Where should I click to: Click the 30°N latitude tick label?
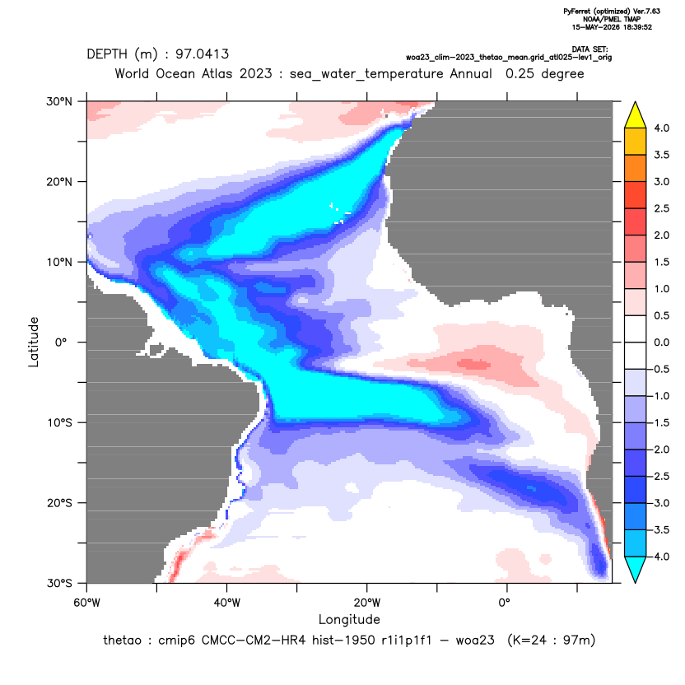point(59,101)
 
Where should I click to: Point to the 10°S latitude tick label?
point(59,423)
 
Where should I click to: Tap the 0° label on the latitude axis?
point(61,342)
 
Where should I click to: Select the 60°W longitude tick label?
point(87,603)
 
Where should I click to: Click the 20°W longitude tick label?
point(367,603)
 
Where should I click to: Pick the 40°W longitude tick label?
point(226,603)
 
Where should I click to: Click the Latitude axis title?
point(34,342)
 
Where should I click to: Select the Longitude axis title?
point(349,619)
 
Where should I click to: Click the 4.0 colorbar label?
point(661,128)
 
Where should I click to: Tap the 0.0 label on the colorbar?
point(661,342)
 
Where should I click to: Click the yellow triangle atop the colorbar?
point(636,116)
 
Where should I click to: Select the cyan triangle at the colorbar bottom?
point(636,568)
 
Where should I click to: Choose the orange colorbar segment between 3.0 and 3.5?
point(636,168)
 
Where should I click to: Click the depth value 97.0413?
point(202,54)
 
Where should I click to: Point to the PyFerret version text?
point(612,12)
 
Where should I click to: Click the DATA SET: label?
point(589,49)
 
